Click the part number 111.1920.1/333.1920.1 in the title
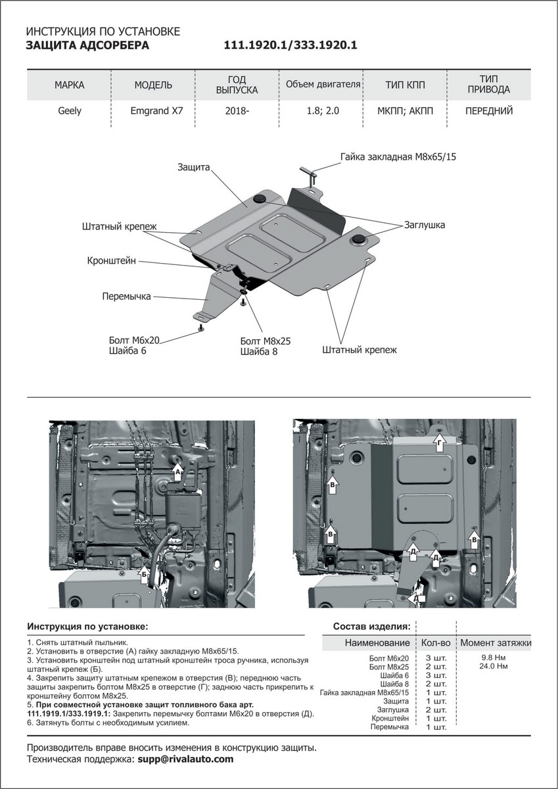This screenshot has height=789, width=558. click(x=291, y=45)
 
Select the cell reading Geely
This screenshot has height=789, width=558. click(x=70, y=110)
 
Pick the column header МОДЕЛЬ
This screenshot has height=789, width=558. click(x=153, y=85)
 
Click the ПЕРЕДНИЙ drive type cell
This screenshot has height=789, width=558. click(x=488, y=110)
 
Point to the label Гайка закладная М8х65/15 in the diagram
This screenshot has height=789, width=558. click(x=398, y=157)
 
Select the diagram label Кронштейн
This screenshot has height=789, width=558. click(x=112, y=261)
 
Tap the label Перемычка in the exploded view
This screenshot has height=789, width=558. click(x=126, y=297)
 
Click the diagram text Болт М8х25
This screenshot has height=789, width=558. click(x=266, y=341)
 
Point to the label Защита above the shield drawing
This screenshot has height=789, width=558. click(x=193, y=168)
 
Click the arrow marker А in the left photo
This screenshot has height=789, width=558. click(x=177, y=471)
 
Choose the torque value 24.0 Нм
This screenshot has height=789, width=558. click(x=494, y=667)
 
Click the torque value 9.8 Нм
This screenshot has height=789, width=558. click(x=494, y=657)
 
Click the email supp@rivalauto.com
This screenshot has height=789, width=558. click(x=185, y=759)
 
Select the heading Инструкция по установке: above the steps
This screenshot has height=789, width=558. click(x=87, y=626)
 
